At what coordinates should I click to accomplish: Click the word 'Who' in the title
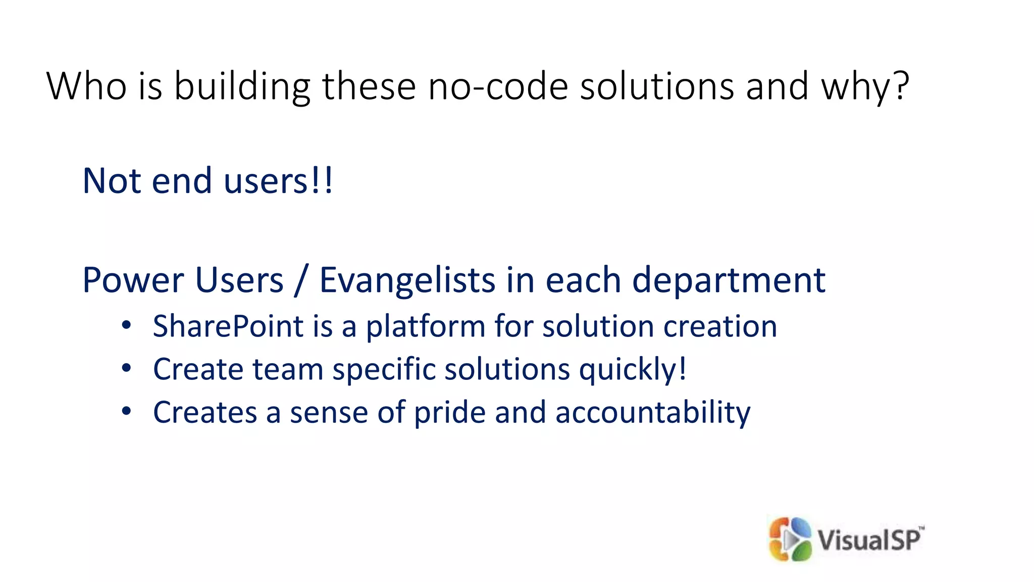(86, 86)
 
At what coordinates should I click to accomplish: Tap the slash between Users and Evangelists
(301, 281)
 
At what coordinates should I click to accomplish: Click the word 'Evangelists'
(407, 281)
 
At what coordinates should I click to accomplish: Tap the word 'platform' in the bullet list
(426, 327)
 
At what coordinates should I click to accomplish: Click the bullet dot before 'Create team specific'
(126, 368)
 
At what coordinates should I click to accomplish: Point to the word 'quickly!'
(633, 370)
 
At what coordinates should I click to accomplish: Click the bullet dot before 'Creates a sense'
(126, 411)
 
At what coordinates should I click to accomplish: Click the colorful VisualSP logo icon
(790, 540)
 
